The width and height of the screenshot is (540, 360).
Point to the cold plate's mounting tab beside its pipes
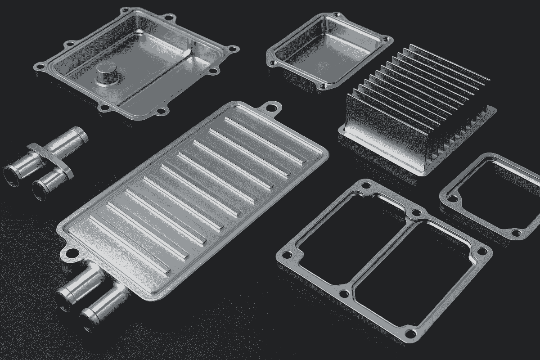point(70,253)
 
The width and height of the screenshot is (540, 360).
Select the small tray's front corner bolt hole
point(322,85)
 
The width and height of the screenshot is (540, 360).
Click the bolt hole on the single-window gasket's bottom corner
point(515,232)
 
